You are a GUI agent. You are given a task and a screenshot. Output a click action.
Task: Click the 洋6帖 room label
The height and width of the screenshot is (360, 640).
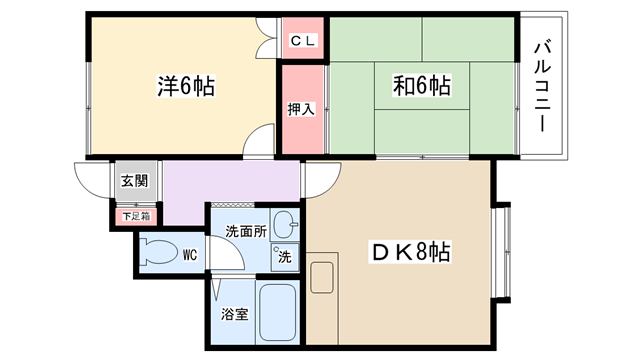[186, 86]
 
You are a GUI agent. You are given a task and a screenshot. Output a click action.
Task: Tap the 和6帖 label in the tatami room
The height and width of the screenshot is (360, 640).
[422, 86]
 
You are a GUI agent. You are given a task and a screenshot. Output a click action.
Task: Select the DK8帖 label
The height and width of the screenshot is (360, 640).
[411, 252]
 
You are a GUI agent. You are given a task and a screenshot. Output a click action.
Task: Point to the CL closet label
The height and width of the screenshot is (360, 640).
[303, 41]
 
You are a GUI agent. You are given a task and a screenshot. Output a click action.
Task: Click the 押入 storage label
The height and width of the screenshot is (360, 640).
[301, 109]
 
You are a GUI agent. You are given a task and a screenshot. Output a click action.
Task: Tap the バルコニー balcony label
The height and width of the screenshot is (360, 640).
[542, 87]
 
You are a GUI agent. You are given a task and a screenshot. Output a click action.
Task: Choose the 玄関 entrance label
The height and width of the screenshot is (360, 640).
[134, 180]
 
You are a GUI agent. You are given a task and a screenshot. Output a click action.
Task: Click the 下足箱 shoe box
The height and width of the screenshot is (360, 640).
[136, 216]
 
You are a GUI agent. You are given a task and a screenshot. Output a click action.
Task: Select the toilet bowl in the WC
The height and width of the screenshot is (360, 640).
[158, 253]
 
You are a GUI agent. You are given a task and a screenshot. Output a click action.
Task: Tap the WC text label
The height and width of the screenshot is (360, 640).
[190, 255]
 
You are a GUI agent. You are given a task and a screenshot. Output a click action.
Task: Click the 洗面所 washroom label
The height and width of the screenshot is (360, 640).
[246, 231]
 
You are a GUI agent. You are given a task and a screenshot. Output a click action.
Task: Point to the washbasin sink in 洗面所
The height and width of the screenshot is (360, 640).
[285, 224]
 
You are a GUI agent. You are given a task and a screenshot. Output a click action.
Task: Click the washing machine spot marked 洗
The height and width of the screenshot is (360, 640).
[284, 257]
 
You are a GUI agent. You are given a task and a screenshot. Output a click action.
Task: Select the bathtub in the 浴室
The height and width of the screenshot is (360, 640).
[278, 312]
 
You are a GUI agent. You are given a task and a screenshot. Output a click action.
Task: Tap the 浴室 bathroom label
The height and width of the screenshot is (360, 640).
[235, 314]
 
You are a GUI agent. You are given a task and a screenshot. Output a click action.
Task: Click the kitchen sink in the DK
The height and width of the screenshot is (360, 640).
[322, 278]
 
